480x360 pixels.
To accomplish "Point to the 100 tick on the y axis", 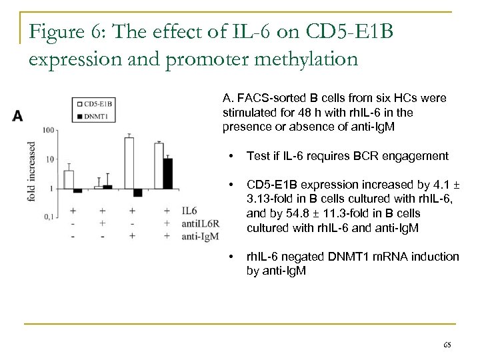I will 49,131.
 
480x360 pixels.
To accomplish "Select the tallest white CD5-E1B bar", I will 129,163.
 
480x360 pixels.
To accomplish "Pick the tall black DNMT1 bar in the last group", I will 168,173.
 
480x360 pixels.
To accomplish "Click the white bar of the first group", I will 69,179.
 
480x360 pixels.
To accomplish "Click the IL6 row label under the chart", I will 190,211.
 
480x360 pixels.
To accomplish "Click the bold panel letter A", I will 18,116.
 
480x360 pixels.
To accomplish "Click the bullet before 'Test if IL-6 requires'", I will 230,157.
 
